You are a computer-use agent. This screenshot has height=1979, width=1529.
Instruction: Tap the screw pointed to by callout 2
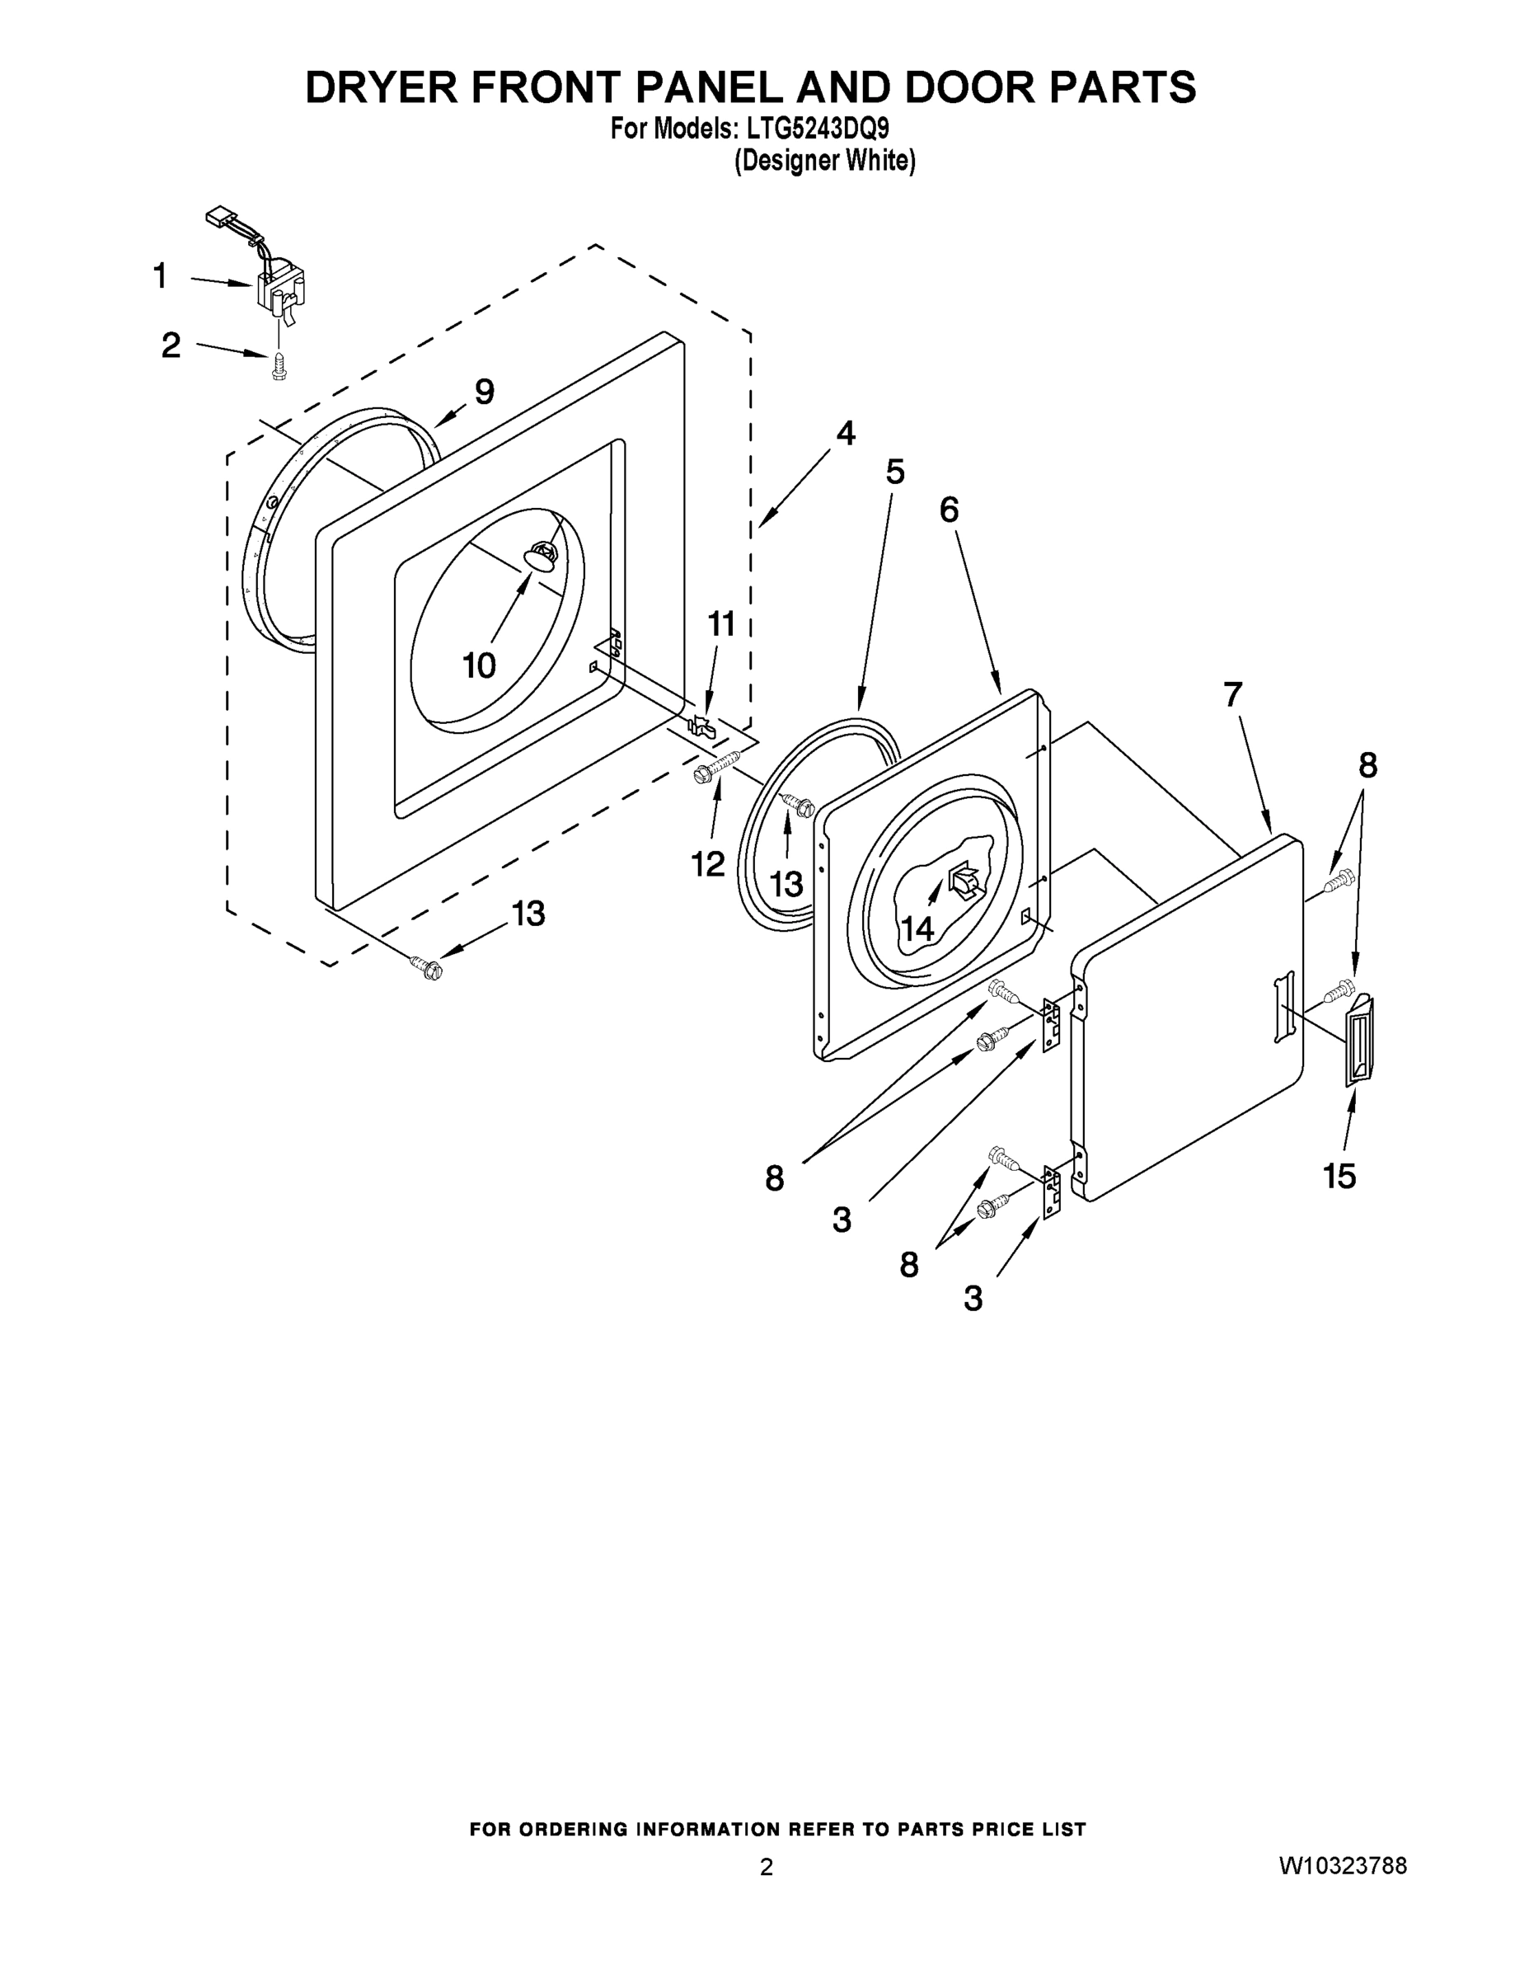(279, 368)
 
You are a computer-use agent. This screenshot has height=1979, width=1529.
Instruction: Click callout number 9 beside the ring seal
(485, 392)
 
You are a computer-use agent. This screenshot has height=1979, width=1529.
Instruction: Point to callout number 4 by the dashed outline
(845, 433)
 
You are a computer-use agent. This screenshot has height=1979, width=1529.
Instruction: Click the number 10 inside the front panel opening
(479, 666)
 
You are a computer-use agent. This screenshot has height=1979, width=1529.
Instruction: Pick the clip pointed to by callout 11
(702, 724)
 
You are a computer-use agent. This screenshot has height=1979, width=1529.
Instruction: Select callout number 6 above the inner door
(949, 510)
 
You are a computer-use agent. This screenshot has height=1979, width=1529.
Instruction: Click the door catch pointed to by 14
(963, 880)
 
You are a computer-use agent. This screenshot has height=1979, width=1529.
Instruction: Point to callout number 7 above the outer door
(1233, 695)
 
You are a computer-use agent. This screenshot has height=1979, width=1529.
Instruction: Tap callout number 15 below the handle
(1339, 1176)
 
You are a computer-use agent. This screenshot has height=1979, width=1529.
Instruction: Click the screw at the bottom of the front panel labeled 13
(424, 967)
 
